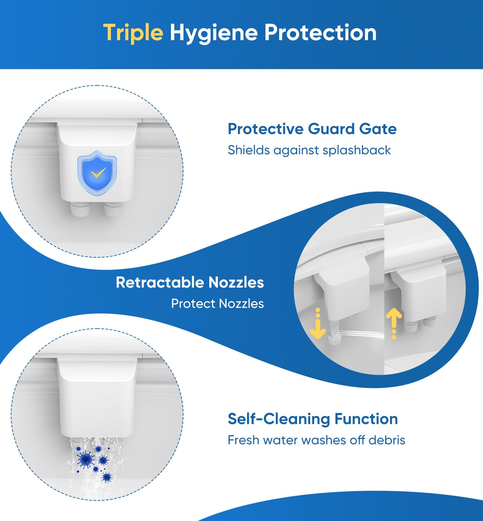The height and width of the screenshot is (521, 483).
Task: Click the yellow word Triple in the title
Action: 133,33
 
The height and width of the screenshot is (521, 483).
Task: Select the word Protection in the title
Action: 320,33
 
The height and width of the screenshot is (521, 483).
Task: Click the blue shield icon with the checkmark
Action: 97,171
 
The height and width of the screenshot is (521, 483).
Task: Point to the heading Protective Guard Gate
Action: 312,129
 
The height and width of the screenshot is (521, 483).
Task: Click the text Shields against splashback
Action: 309,150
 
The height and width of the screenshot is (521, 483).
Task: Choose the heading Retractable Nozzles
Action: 190,282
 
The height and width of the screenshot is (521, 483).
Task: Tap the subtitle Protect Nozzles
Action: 218,304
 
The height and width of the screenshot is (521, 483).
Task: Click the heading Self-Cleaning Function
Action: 313,419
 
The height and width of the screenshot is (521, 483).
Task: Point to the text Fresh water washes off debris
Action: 316,440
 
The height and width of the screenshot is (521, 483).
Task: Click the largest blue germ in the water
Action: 85,459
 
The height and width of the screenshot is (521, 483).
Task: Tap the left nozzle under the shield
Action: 80,209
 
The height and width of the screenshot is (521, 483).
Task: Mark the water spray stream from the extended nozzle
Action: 361,334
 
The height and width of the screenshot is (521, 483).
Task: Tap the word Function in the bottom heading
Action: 366,419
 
